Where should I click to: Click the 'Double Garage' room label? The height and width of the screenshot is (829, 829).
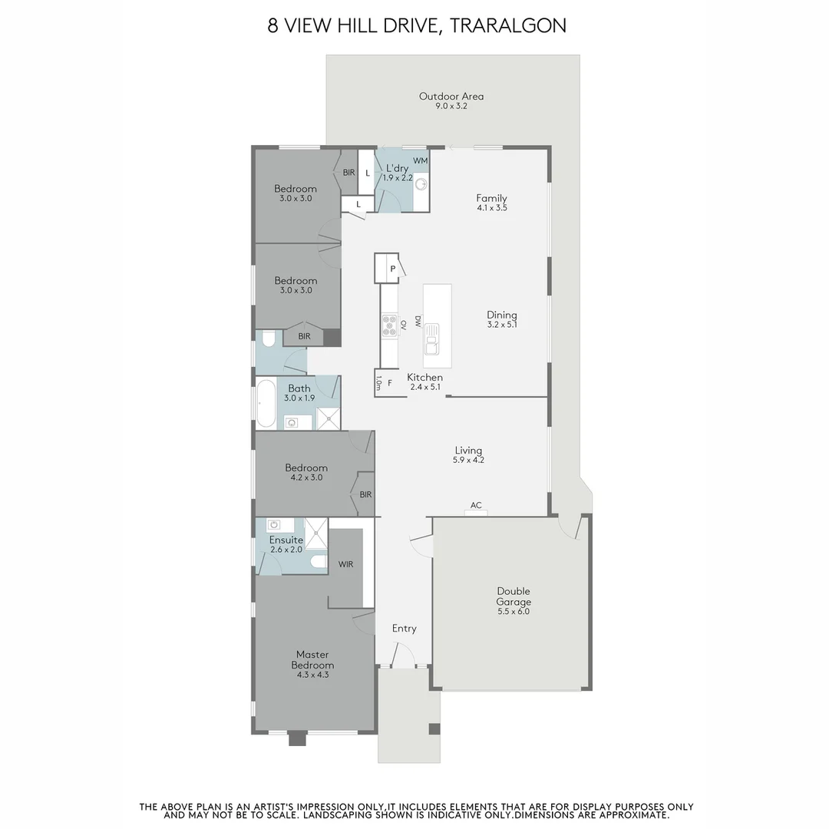(x=514, y=596)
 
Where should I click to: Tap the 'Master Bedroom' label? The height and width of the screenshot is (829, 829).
(x=312, y=660)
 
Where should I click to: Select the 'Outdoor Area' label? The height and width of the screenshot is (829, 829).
(x=451, y=96)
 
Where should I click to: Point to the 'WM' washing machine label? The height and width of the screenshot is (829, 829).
(x=421, y=160)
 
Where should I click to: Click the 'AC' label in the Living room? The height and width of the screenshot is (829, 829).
(x=476, y=505)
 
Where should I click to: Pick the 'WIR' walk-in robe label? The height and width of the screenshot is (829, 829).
(x=345, y=564)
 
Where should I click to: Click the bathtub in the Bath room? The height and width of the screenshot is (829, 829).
(x=266, y=404)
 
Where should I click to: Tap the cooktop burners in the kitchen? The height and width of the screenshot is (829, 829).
(x=390, y=325)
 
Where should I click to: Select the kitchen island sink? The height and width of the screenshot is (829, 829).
(x=431, y=339)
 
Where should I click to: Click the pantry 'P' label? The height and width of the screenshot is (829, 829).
(x=393, y=269)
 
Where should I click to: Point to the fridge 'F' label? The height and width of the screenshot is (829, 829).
(x=390, y=383)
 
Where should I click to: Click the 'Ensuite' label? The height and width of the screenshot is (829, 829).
(x=286, y=540)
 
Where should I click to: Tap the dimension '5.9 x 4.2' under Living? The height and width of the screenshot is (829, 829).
(x=468, y=460)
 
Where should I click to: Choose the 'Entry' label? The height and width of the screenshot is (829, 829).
(x=404, y=629)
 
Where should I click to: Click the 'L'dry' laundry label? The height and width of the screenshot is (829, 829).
(x=397, y=168)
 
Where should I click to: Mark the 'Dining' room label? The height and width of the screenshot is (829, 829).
(x=502, y=315)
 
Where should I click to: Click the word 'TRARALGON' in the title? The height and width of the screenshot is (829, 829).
(x=508, y=25)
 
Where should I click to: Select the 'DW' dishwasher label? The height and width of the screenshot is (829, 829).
(x=418, y=322)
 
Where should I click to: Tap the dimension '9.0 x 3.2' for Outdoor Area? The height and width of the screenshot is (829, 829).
(x=451, y=106)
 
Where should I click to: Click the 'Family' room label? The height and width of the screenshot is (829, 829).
(x=492, y=198)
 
